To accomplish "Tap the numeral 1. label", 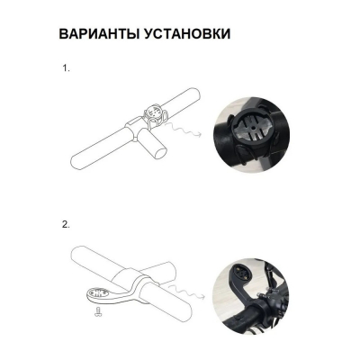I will point(65,69).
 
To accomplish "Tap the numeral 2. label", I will point(65,223).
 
